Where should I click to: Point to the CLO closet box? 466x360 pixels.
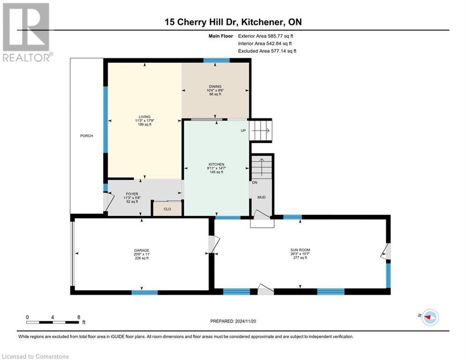[x=166, y=209]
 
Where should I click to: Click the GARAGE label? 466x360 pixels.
[x=141, y=250]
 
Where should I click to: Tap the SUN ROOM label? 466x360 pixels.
[x=300, y=250]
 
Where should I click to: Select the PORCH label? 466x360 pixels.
[x=86, y=136]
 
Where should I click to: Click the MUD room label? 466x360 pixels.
[x=261, y=197]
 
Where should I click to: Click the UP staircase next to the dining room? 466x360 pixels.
[x=260, y=130]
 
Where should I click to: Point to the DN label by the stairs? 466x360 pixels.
[x=255, y=183]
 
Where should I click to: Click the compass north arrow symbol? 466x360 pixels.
[x=429, y=317]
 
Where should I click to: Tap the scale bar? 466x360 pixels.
[x=52, y=322]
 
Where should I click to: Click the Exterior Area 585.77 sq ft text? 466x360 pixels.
[x=266, y=36]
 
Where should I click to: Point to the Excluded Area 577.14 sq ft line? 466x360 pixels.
[x=267, y=51]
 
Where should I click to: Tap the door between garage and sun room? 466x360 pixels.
[x=213, y=244]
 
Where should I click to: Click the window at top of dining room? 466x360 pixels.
[x=216, y=60]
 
